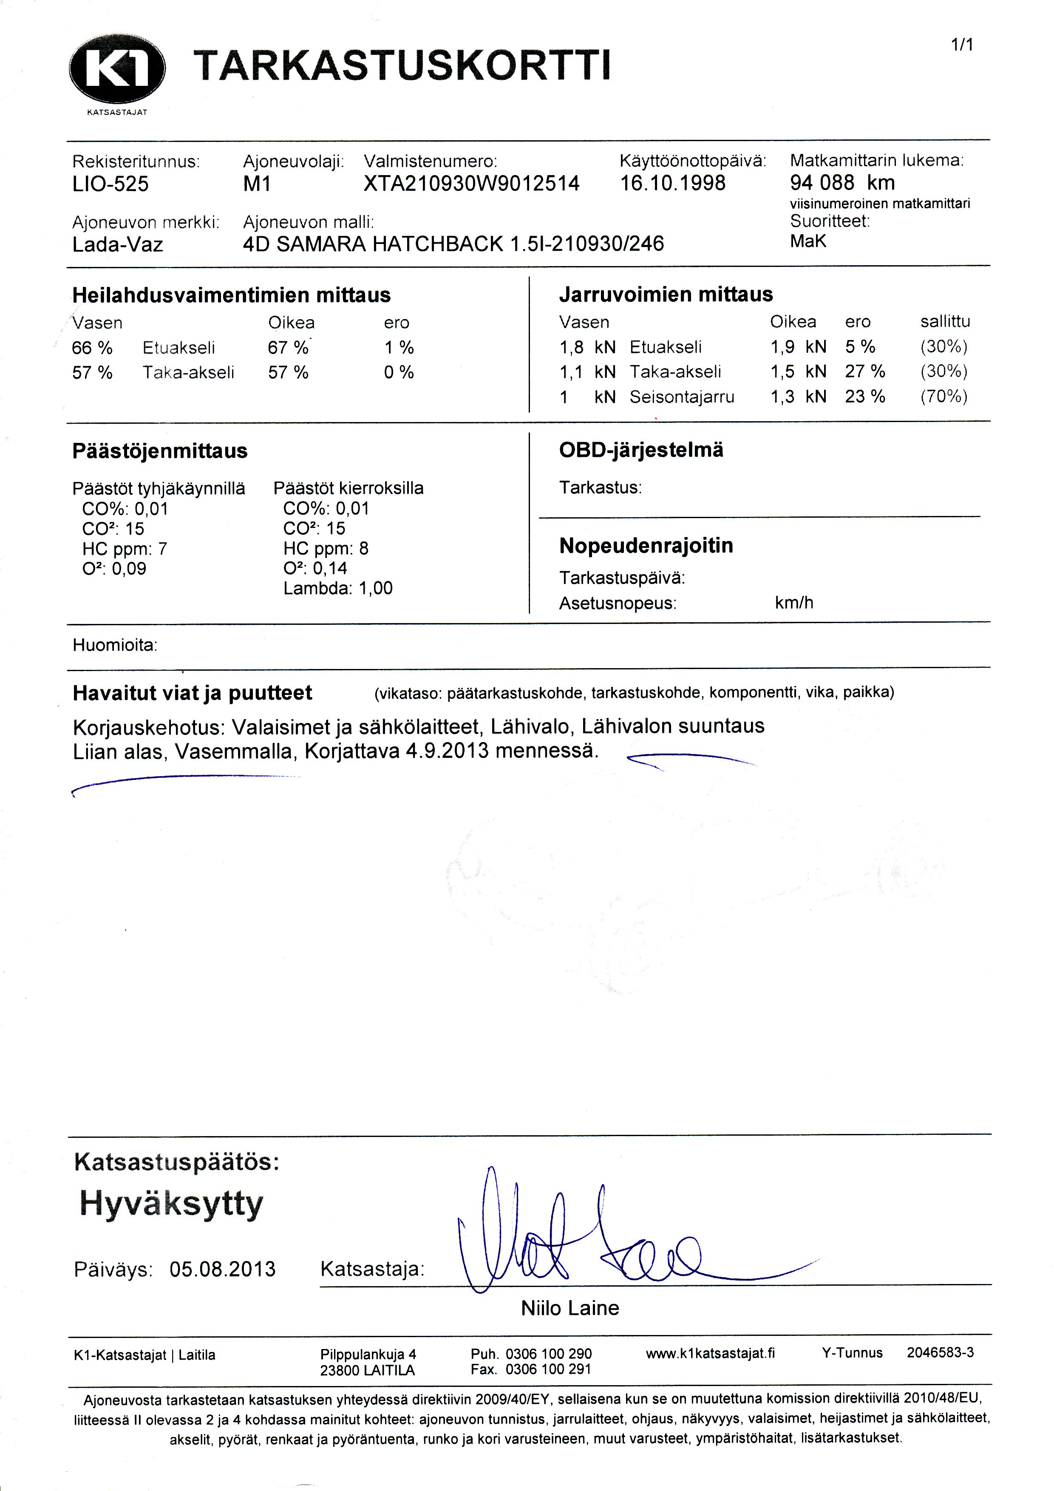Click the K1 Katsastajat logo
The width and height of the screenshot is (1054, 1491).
(117, 71)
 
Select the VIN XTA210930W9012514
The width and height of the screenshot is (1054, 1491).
(471, 184)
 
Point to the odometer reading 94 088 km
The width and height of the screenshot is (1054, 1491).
(842, 182)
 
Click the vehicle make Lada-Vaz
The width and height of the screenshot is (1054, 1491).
(118, 245)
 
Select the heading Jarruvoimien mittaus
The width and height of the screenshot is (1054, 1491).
(666, 295)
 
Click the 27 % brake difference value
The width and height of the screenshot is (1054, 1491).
(865, 371)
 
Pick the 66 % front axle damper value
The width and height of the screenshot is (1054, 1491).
(92, 348)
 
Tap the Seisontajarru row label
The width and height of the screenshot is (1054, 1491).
(682, 397)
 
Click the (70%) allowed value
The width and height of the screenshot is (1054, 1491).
(943, 397)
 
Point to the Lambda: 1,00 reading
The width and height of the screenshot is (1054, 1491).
(338, 588)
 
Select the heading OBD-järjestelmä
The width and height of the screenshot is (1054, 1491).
(641, 450)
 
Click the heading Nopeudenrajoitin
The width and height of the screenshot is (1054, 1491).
(646, 545)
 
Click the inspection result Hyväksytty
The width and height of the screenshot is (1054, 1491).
(171, 1203)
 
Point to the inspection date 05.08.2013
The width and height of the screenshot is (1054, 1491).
(223, 1268)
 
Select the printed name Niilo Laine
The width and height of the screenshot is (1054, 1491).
(569, 1307)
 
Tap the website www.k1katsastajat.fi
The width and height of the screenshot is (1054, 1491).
(711, 1353)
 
